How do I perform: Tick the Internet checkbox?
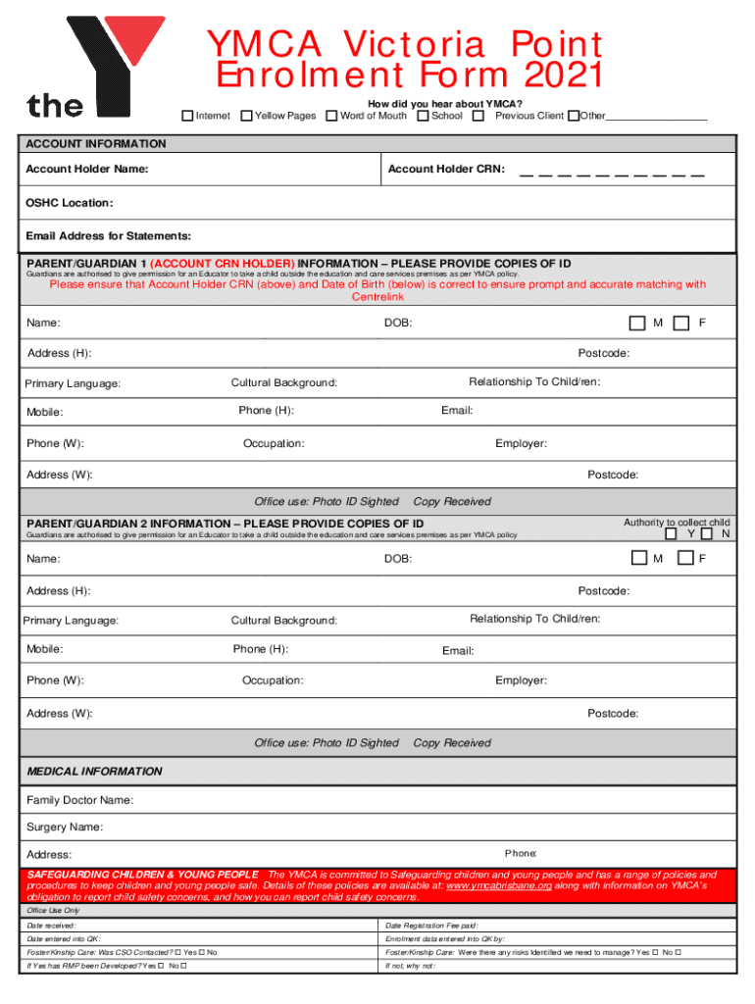187,116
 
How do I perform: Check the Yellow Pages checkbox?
246,116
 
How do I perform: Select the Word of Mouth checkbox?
332,116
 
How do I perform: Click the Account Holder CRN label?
446,170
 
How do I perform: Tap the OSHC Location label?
69,203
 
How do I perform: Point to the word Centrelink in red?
377,297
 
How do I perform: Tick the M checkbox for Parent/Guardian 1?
637,323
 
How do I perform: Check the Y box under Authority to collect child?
672,534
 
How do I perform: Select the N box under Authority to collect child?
707,534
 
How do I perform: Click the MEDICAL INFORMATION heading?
94,772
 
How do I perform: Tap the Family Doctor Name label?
79,801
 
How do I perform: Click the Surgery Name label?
64,828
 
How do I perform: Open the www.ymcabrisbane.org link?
499,885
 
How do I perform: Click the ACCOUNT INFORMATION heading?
95,144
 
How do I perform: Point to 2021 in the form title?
553,75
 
